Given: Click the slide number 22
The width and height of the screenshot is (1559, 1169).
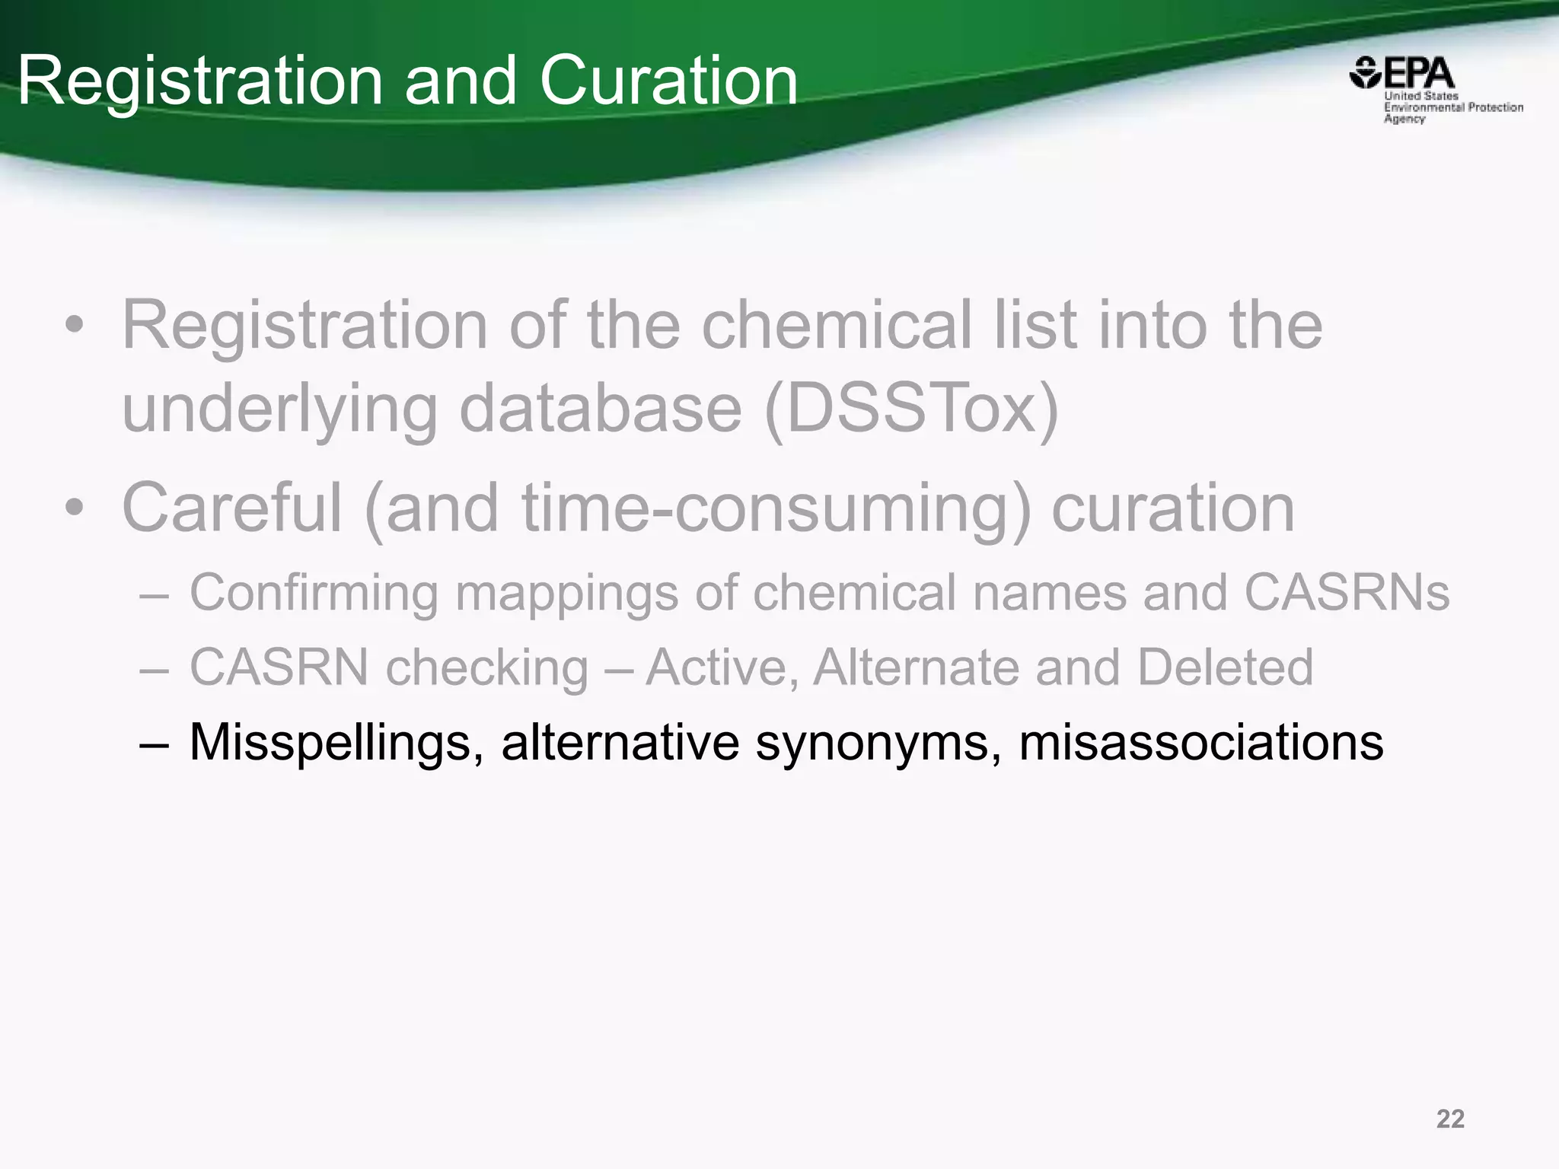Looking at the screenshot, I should [x=1450, y=1119].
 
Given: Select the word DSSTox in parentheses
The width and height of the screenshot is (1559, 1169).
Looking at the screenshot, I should [x=910, y=409].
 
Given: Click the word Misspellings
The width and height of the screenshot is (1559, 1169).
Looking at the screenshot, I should [x=336, y=742].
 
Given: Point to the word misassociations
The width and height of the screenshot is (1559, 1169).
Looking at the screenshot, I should [x=1200, y=742].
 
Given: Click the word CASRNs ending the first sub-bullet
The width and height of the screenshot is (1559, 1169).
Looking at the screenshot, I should [x=1347, y=592].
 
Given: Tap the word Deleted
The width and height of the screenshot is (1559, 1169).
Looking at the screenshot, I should [x=1225, y=667].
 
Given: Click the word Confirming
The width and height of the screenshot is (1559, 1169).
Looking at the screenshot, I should [x=314, y=592].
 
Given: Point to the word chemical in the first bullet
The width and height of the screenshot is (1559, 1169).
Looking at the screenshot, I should [x=837, y=325].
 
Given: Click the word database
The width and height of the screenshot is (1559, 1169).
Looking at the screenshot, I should [x=601, y=409].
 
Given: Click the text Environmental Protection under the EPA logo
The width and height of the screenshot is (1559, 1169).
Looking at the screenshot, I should [x=1453, y=107].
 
